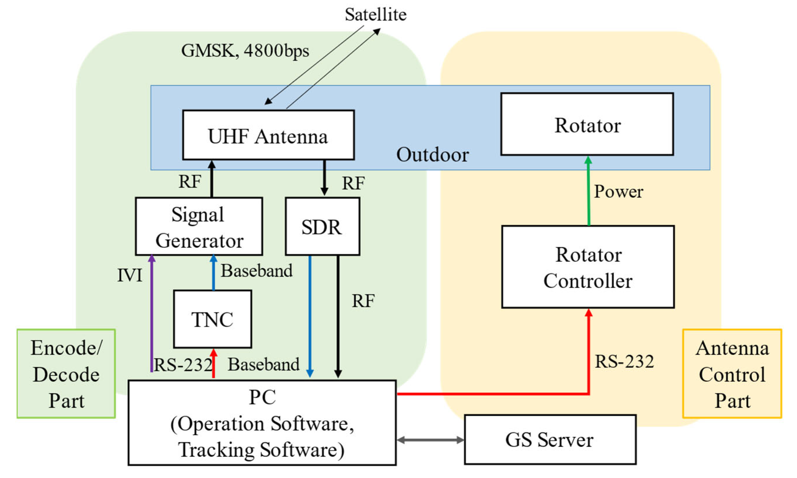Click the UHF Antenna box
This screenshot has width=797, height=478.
(268, 135)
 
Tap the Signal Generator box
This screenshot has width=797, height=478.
(199, 226)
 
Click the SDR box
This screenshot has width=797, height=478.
(322, 226)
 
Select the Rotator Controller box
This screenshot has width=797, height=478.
(587, 267)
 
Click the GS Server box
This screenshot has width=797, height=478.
(550, 439)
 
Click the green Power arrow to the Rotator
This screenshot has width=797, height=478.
(588, 193)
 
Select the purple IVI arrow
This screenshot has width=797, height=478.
(152, 316)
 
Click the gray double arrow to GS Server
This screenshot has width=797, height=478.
(430, 440)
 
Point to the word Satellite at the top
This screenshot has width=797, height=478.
(375, 15)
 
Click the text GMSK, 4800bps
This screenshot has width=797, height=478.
(245, 51)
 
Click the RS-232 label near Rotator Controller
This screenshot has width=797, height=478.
(624, 361)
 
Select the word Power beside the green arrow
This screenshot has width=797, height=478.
(618, 191)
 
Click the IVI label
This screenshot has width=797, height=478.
(130, 275)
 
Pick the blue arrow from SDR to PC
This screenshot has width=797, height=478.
(310, 316)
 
